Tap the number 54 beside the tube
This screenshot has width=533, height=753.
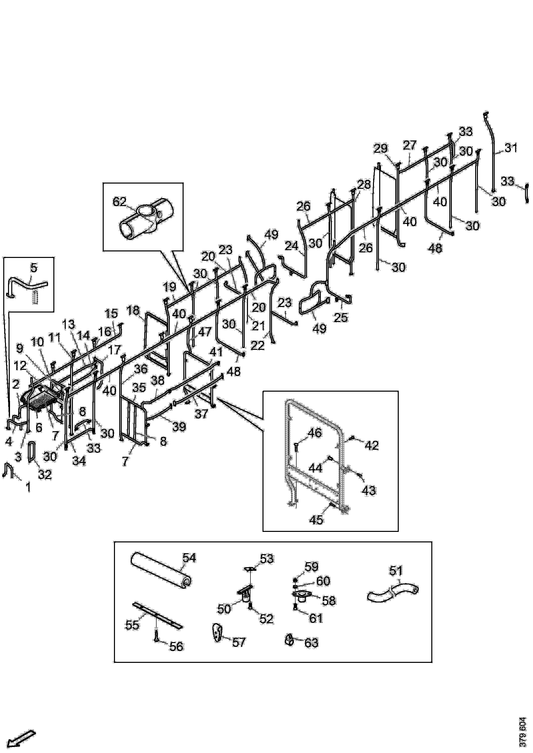[189, 558]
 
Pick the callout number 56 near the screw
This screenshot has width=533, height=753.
[176, 646]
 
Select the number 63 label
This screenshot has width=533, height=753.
[311, 642]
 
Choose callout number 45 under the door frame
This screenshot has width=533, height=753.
[316, 519]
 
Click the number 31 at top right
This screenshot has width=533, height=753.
[511, 148]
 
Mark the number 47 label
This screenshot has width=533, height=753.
[205, 332]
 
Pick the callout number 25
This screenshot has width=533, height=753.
[341, 317]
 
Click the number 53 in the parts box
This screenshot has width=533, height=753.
[266, 558]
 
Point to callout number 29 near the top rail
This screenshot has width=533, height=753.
[380, 149]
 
